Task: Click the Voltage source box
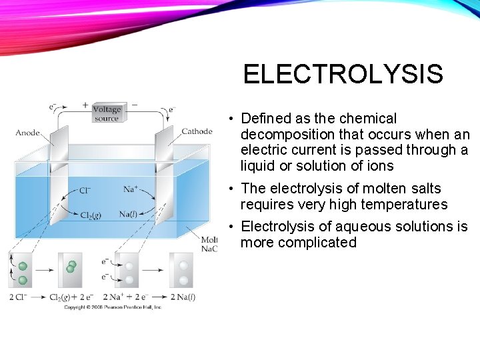click(x=107, y=113)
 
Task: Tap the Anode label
click(x=27, y=133)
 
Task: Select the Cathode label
click(x=197, y=131)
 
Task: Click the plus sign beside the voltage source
click(x=85, y=105)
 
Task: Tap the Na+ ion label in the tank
click(x=131, y=189)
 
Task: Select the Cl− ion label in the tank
click(x=85, y=191)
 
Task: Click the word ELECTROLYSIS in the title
click(x=343, y=74)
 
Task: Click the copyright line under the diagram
click(x=112, y=307)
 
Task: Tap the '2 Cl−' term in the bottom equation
click(x=19, y=297)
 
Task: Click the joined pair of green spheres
click(x=71, y=267)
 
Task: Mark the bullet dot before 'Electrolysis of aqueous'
click(x=228, y=227)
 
